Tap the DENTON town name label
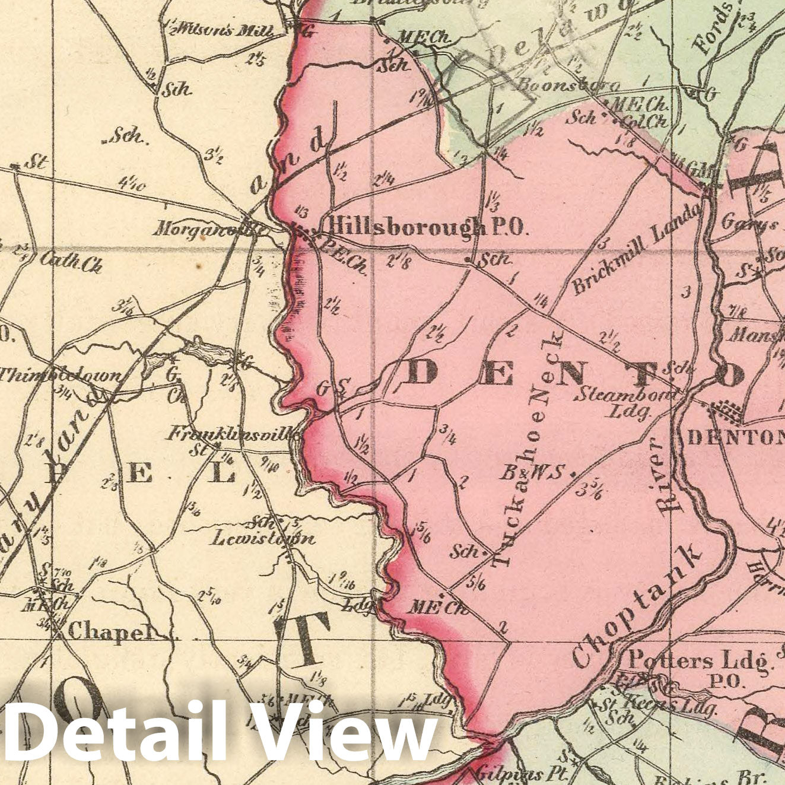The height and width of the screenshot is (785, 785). click(735, 438)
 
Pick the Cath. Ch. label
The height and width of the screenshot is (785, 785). click(71, 262)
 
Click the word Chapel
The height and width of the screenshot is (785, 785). click(107, 633)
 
